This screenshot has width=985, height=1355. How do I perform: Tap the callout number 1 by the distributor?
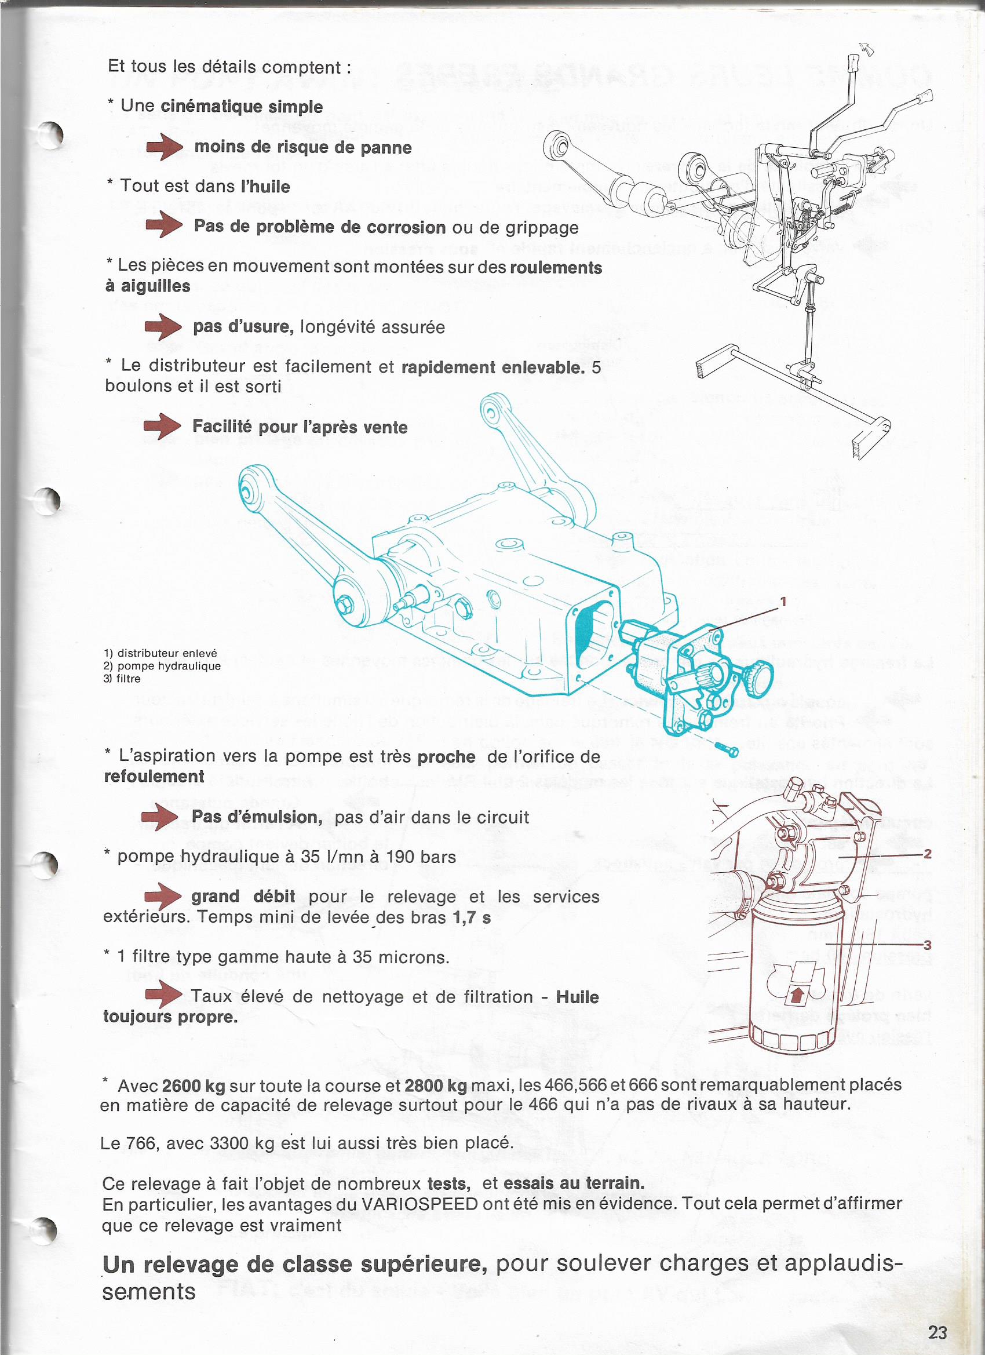coord(783,601)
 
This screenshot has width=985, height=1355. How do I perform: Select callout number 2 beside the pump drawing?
coord(927,854)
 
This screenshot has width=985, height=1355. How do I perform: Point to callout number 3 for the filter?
coord(927,945)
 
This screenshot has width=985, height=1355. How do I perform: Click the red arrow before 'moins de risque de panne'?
coord(165,147)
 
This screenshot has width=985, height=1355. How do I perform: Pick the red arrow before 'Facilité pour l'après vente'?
coord(162,427)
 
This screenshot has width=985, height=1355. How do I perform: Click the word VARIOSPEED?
coord(420,1204)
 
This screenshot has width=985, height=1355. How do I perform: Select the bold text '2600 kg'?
coord(194,1086)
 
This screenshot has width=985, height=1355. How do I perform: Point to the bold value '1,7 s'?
coord(472,917)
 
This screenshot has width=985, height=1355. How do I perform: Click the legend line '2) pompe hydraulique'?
coord(162,666)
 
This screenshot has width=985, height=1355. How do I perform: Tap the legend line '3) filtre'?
coord(122,679)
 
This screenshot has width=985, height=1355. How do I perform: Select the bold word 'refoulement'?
coord(154,777)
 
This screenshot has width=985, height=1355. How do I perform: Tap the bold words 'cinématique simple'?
coord(242,107)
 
